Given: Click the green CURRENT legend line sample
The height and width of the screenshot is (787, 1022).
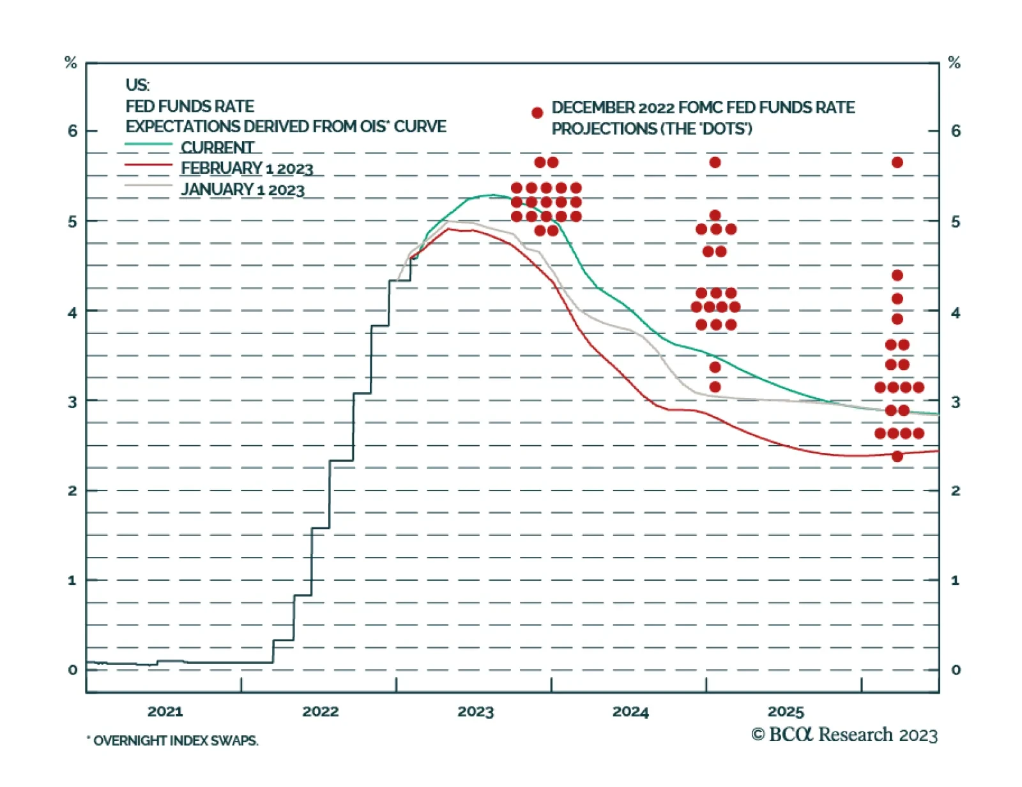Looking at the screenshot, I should pyautogui.click(x=148, y=145).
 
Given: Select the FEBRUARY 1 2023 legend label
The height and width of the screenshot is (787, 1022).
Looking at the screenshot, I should pyautogui.click(x=247, y=168).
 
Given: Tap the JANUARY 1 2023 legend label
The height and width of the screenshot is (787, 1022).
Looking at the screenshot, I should pyautogui.click(x=243, y=189).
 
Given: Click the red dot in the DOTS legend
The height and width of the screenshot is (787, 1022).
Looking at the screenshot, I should pyautogui.click(x=537, y=113).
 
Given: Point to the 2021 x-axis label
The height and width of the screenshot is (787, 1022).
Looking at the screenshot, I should pyautogui.click(x=165, y=711).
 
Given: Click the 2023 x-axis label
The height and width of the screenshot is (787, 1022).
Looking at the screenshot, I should pyautogui.click(x=475, y=711).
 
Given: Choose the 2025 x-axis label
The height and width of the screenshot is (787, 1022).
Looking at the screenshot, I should pyautogui.click(x=786, y=711).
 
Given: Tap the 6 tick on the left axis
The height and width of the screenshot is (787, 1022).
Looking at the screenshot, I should pyautogui.click(x=72, y=131).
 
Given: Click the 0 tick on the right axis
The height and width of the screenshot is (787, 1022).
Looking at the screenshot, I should pyautogui.click(x=956, y=669).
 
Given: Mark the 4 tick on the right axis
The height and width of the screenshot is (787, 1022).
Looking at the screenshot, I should pyautogui.click(x=956, y=312).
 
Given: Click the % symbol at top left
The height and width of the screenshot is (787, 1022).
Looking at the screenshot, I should pyautogui.click(x=71, y=63).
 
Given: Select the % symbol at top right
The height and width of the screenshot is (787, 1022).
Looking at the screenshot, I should pyautogui.click(x=954, y=63).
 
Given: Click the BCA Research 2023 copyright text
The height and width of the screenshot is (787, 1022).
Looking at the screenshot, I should pyautogui.click(x=844, y=735).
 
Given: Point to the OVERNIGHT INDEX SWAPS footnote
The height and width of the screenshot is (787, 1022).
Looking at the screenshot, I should pyautogui.click(x=173, y=740).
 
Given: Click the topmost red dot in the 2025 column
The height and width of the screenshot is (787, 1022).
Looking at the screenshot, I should pyautogui.click(x=897, y=162).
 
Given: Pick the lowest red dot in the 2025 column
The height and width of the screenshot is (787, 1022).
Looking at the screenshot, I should pyautogui.click(x=897, y=456).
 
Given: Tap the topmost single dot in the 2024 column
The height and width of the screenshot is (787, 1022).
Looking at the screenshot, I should pyautogui.click(x=715, y=162).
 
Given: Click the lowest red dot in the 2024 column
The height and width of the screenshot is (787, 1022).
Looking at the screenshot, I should pyautogui.click(x=715, y=386).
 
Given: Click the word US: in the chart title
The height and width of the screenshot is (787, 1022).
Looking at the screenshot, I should pyautogui.click(x=137, y=85).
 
